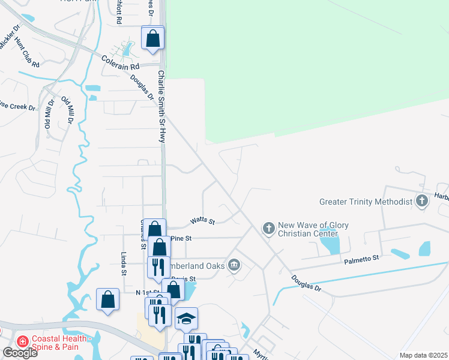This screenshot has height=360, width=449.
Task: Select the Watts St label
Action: click(x=202, y=221)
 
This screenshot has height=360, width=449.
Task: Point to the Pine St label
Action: click(x=181, y=238)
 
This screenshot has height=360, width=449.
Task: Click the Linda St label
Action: click(x=124, y=263)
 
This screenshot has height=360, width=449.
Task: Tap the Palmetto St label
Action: click(x=362, y=259)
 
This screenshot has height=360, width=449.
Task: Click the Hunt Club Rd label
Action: click(x=27, y=53)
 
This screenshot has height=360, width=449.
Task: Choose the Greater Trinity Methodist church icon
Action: click(x=422, y=201)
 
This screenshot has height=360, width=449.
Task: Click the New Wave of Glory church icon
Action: click(x=268, y=228)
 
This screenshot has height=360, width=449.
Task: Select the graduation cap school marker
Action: click(x=187, y=318)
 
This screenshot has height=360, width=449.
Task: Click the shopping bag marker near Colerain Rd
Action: click(x=153, y=38)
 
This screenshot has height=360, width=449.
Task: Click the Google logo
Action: click(x=19, y=352)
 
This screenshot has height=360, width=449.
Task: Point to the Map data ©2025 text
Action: click(x=424, y=355)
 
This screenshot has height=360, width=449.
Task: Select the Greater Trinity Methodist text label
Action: click(x=366, y=202)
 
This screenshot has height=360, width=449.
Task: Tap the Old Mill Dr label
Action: click(x=49, y=113)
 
